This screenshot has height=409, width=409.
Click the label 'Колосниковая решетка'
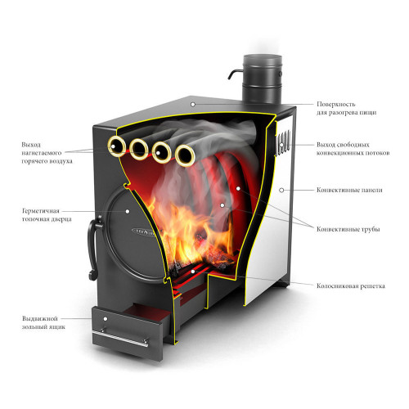tap(351, 286)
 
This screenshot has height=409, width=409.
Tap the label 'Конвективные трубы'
tap(348, 229)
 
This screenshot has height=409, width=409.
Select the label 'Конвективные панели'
tap(349, 190)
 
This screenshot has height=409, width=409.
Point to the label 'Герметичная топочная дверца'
tap(47, 215)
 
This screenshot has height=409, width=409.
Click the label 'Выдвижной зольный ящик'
tap(43, 322)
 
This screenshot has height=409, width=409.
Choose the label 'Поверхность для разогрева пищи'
tap(346, 108)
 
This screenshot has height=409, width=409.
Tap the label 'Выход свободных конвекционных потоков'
tap(353, 149)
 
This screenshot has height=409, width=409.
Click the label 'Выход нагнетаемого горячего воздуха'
tap(47, 153)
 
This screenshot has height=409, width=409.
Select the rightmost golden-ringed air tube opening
tap(185, 155)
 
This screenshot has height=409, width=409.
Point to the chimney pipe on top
tap(263, 79)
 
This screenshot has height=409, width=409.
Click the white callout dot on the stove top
tap(193, 105)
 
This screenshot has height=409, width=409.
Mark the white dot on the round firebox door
tap(128, 211)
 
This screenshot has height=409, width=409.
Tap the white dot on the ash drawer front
tap(106, 319)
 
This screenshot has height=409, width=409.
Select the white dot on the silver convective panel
tap(281, 190)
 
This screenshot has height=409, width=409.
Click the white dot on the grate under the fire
tap(193, 272)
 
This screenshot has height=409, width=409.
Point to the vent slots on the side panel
tap(283, 142)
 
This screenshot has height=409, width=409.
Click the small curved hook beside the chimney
tap(235, 74)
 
